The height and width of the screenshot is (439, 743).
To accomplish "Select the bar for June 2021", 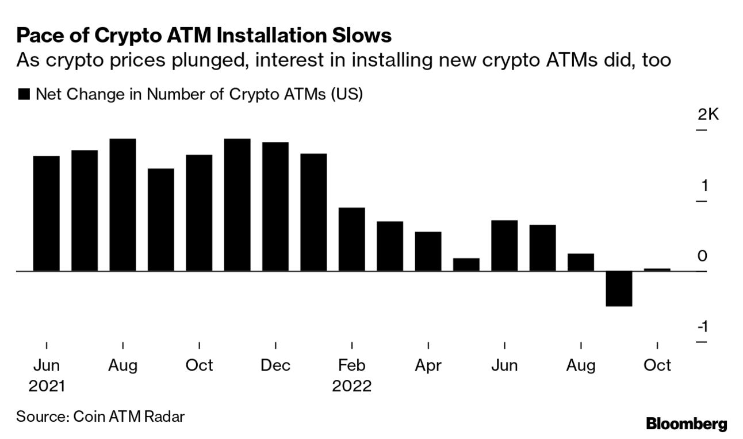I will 47,213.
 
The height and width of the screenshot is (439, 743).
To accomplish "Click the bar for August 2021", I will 122,205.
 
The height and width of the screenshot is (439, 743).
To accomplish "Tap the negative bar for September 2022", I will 619,288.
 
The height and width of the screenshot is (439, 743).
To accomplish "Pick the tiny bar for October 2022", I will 657,269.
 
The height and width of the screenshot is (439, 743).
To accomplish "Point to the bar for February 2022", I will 351,239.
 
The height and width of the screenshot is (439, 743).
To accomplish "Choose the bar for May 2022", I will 466,264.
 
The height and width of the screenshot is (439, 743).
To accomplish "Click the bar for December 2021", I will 275,206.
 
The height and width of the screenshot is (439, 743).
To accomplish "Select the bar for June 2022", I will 504,245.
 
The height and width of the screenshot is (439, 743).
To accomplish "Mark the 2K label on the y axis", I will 708,115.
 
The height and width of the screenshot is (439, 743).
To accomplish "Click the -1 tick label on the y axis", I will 702,327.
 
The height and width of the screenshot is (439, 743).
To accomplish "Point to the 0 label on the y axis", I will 702,256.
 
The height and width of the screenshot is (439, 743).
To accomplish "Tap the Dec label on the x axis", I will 275,365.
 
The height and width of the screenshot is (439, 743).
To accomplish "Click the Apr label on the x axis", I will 428,365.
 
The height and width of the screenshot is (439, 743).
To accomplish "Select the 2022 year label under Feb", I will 351,386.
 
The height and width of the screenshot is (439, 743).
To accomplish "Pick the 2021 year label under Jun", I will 47,386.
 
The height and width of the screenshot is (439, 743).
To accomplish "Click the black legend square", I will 24,95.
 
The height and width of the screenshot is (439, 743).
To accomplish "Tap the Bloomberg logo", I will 686,424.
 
